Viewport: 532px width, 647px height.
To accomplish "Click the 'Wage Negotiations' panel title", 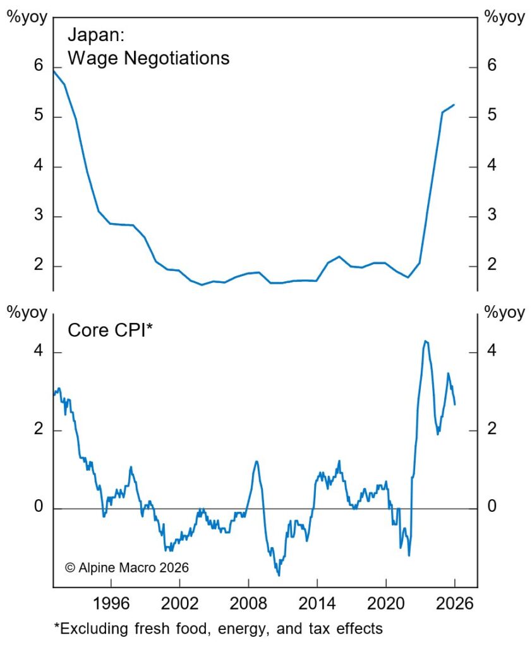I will [148, 58].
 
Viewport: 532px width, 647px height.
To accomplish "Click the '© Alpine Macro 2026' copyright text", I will [126, 567].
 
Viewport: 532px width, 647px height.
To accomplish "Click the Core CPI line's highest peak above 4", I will [425, 341].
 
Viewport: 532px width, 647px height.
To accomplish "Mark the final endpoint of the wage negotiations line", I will [454, 105].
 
